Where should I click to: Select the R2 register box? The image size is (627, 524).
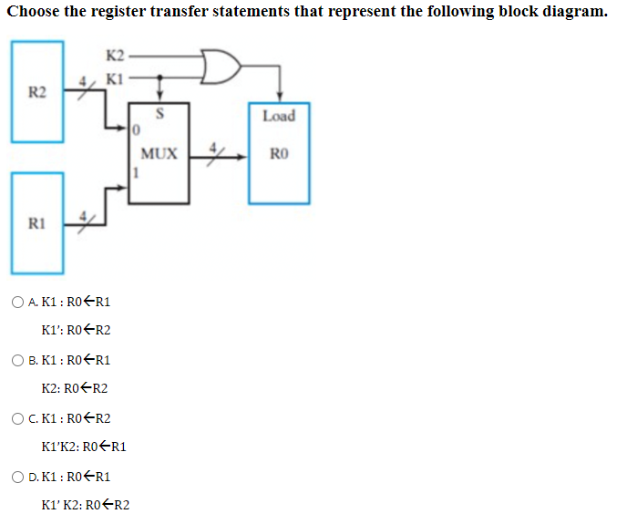(x=37, y=91)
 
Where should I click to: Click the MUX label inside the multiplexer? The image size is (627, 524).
(x=159, y=153)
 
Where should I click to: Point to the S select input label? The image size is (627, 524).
(x=160, y=116)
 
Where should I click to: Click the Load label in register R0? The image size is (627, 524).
(x=278, y=116)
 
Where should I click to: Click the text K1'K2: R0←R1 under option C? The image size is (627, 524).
(x=84, y=447)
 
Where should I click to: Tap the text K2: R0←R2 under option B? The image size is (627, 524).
(x=76, y=388)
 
